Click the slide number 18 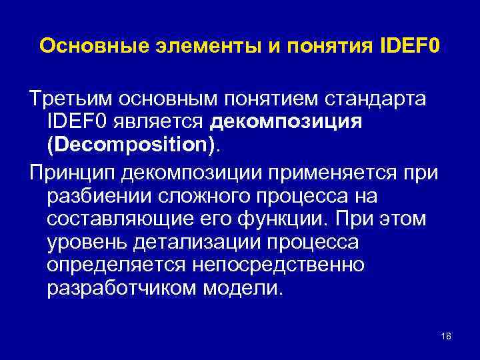pos(446,336)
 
